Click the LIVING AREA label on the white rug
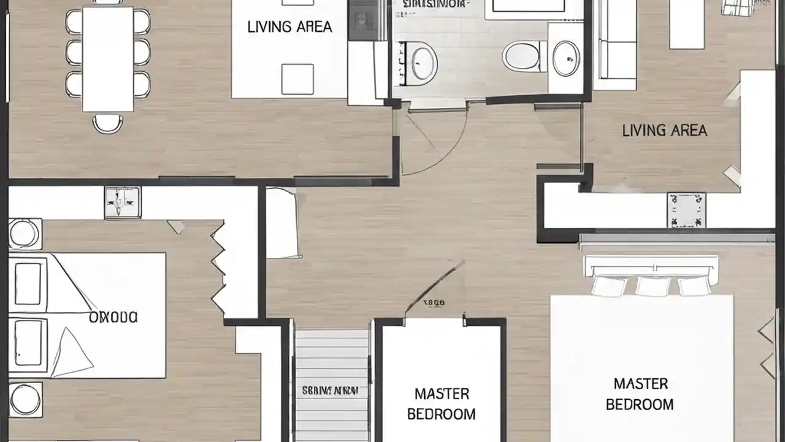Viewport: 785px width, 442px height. tap(289, 27)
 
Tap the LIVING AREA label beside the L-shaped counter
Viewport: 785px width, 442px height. tap(664, 130)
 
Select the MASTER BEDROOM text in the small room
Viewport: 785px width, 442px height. tap(441, 403)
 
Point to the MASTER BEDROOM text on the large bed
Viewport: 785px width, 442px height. tap(640, 394)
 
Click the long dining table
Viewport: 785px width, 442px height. tap(108, 59)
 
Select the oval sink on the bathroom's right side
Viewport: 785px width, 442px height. tap(565, 58)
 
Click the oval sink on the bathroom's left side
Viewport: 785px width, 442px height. tap(424, 61)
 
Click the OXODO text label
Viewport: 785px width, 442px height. tap(113, 317)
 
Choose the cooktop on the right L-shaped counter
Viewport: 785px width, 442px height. tap(686, 210)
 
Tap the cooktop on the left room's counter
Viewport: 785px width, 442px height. tap(122, 203)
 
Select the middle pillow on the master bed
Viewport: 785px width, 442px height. tap(653, 285)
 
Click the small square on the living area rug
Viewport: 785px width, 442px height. tap(297, 79)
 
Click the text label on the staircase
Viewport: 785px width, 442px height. tap(330, 390)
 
